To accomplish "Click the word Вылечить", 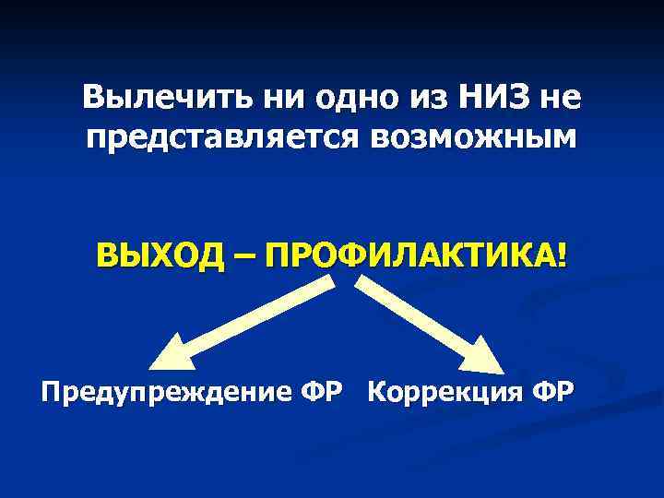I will point(146,96).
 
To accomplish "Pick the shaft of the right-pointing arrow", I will point(415,315).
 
